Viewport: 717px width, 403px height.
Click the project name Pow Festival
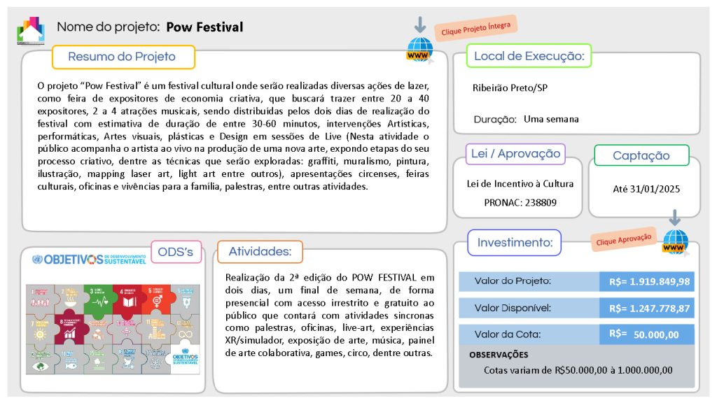pos(204,27)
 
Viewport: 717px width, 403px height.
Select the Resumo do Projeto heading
pos(122,57)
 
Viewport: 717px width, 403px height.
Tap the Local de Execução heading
pos(529,56)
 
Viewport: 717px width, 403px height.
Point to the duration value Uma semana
pos(551,119)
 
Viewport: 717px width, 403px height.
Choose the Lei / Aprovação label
pos(515,154)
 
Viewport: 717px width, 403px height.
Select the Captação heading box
pos(641,155)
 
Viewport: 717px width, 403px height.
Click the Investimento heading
pos(515,243)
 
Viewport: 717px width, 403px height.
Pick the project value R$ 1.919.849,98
pos(649,281)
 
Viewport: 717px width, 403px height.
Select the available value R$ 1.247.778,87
pos(649,308)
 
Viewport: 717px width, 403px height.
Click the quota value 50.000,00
pos(656,334)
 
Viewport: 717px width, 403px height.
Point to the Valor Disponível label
pos(513,308)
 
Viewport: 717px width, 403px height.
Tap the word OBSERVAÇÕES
pos(499,355)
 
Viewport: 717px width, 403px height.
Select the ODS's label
pos(176,252)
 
